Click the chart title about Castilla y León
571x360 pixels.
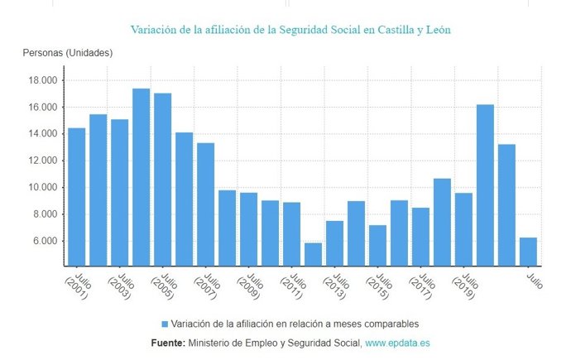[x=290, y=29]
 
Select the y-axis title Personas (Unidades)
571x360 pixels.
[x=67, y=53]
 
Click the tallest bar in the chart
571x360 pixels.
[x=141, y=177]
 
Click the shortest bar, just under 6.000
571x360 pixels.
[x=313, y=254]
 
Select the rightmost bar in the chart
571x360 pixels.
[x=528, y=252]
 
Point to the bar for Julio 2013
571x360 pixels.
[x=334, y=243]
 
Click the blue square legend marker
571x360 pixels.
[x=165, y=323]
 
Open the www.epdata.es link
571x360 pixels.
[x=397, y=343]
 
